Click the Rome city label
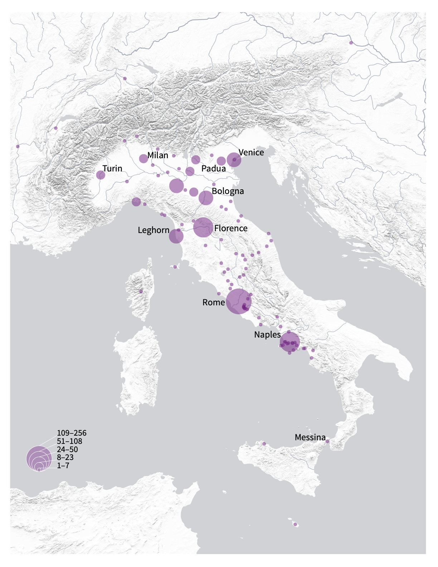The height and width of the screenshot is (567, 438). pos(214,302)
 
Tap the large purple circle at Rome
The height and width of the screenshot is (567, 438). pos(239,302)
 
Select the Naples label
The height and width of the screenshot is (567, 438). pos(267,335)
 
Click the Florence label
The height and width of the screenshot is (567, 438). pos(231,228)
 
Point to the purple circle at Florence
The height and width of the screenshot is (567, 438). pos(203,227)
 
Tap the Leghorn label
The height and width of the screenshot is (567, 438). pos(154,230)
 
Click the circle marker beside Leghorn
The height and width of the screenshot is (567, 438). pos(176,236)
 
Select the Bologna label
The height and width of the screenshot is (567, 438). pos(228,191)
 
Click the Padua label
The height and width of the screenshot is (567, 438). pos(214,169)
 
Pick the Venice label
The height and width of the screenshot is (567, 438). pos(251,152)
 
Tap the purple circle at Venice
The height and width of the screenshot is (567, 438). pos(234,160)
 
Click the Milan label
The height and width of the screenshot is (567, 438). pos(158,155)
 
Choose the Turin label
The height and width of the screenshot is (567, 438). pos(112,169)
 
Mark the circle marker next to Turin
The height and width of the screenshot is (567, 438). pos(101,175)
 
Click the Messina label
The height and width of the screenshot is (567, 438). pos(310,437)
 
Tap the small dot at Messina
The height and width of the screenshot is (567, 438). pos(327,441)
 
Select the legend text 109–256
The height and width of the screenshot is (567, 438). pos(72,433)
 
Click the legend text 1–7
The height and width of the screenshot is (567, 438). pos(63,466)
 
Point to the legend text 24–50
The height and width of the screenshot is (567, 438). pos(67,450)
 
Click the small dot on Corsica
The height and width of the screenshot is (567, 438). pos(141,291)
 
